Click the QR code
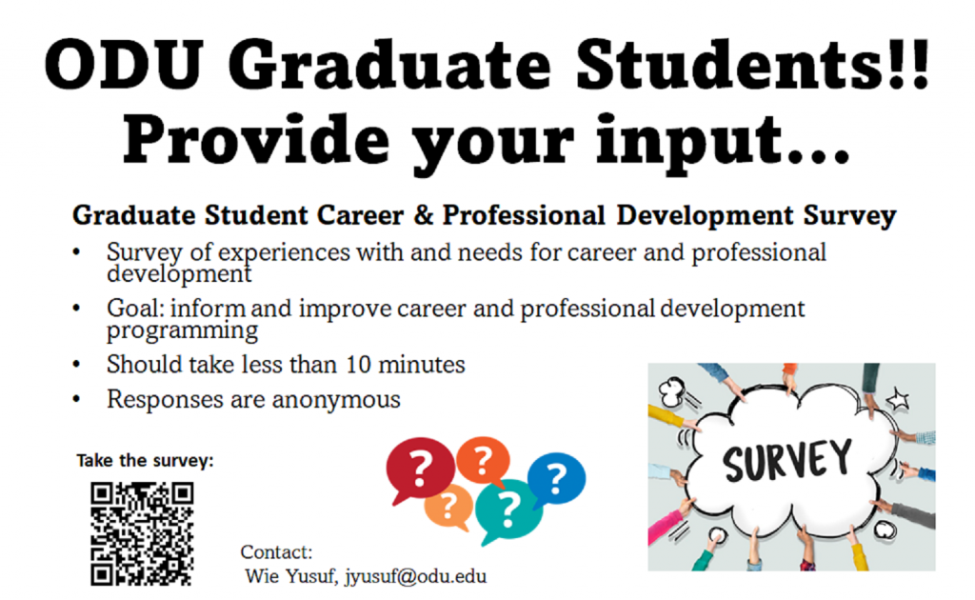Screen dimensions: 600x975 (142, 533)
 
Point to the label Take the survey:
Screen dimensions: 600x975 (145, 462)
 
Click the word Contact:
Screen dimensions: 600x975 (276, 552)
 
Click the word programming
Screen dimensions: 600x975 (182, 331)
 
